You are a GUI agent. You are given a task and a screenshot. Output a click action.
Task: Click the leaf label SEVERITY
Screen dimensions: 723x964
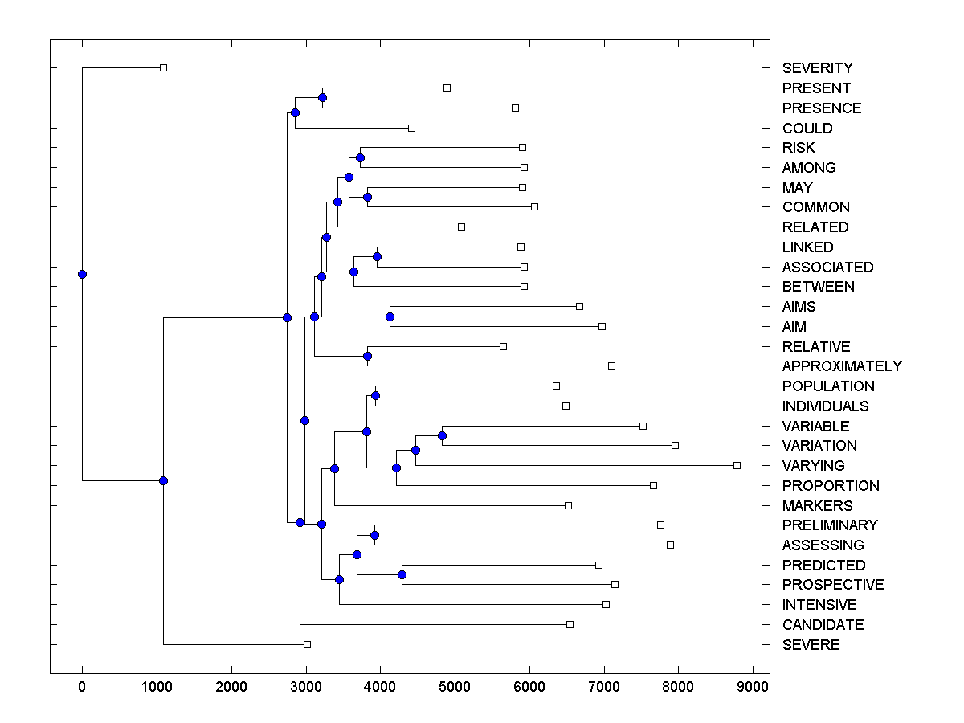(817, 68)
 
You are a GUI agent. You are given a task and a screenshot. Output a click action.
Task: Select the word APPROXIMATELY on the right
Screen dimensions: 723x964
(842, 366)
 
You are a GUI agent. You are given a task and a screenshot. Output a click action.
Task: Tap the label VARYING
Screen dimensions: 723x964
(813, 466)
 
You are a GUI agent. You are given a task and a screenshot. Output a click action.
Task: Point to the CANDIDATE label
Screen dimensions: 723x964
(823, 625)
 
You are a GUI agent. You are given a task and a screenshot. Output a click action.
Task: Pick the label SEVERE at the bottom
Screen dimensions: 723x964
(811, 645)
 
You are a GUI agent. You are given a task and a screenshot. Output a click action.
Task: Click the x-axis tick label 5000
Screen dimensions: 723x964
(455, 686)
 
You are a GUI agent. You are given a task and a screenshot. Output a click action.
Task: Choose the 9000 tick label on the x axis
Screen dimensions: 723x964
(753, 686)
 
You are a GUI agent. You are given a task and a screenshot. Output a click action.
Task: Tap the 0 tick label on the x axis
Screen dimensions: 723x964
(82, 686)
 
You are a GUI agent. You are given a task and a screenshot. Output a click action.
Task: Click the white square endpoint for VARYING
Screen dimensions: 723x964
(737, 465)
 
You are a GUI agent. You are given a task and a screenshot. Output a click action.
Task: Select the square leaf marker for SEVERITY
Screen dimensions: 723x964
(163, 67)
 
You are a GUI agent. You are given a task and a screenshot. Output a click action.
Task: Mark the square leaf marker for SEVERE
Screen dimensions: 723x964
(307, 644)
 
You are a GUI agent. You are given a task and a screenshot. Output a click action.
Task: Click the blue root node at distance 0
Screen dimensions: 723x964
(82, 274)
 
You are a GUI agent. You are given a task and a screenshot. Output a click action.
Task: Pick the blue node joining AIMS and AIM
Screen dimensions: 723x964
(390, 317)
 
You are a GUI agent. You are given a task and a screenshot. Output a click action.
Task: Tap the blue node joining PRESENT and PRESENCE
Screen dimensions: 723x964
(322, 97)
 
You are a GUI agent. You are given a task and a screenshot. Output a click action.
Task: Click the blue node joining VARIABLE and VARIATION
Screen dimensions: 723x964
(442, 435)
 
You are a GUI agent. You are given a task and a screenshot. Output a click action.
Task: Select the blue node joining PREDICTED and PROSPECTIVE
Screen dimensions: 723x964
(402, 574)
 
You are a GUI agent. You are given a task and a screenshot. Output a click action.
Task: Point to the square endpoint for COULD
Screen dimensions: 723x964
(411, 128)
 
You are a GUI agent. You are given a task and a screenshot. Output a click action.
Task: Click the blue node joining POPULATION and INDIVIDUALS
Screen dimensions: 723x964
(375, 395)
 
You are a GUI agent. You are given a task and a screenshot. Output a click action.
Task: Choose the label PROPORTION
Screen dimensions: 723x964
(831, 486)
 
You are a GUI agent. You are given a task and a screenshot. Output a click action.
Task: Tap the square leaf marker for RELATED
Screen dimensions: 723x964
(461, 227)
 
